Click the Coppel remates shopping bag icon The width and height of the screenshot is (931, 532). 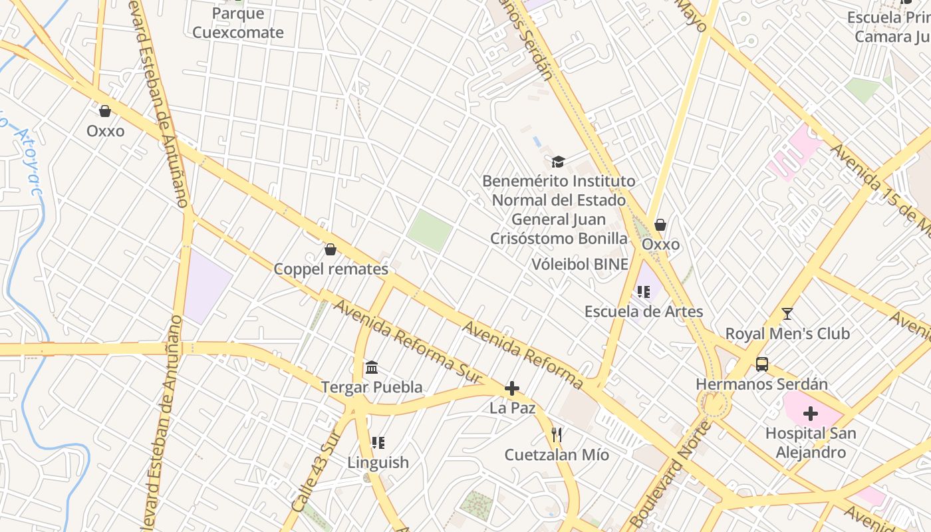coord(330,250)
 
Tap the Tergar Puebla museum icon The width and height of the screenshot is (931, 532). coord(372,368)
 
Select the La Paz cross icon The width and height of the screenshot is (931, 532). coord(512,389)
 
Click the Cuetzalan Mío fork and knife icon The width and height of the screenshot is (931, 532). coord(557,436)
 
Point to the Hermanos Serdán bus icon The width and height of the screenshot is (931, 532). coord(762,364)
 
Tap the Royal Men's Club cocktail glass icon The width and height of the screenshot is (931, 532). coord(787,314)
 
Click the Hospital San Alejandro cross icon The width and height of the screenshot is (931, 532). coord(810,414)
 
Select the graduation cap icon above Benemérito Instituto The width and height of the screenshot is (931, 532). coord(558,162)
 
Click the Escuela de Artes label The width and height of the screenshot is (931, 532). coord(643,311)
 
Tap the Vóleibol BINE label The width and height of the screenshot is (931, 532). coord(580,264)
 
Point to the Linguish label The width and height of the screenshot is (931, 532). coord(378,462)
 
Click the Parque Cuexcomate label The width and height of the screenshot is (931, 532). coord(237,23)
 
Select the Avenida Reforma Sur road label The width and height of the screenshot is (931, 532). coord(407,340)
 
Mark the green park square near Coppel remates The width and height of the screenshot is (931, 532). coord(430,231)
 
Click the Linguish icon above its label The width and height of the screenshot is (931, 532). coord(378,443)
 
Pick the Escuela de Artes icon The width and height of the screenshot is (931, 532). coord(643,292)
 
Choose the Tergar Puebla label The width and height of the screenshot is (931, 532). coord(372,387)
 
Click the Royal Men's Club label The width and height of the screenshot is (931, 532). coord(787,333)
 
